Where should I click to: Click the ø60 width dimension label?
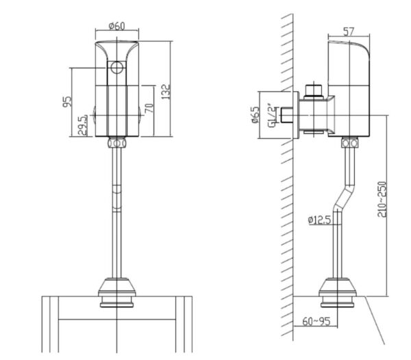pyautogui.click(x=116, y=26)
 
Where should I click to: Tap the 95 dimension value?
pyautogui.click(x=67, y=102)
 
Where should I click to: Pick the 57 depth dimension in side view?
pyautogui.click(x=348, y=31)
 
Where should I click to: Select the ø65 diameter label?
pyautogui.click(x=256, y=114)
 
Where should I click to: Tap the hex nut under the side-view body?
pyautogui.click(x=350, y=144)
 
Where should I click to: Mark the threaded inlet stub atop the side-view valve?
pyautogui.click(x=314, y=90)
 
